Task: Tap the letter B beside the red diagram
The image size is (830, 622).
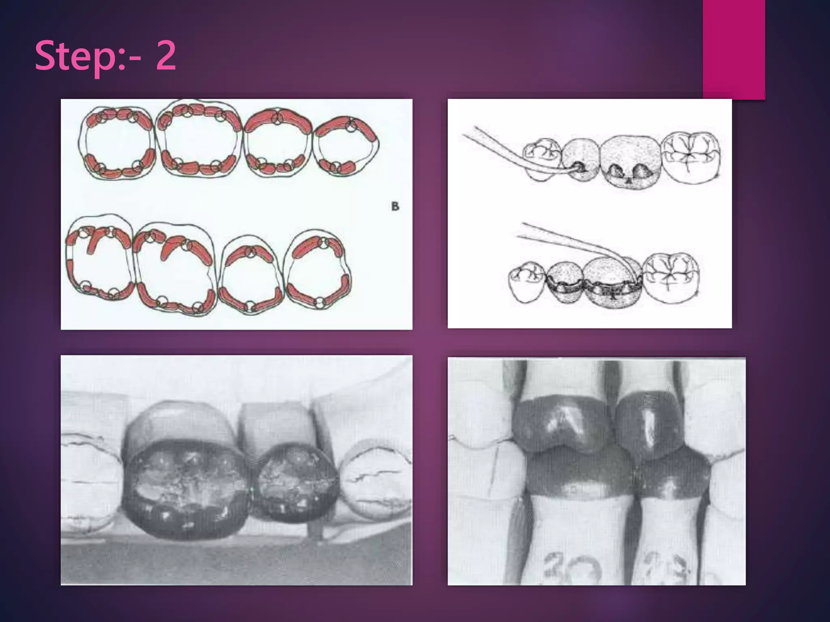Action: pyautogui.click(x=395, y=207)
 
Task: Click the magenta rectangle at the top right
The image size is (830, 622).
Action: pyautogui.click(x=734, y=49)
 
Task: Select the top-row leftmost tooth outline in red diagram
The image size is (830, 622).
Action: pyautogui.click(x=117, y=144)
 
